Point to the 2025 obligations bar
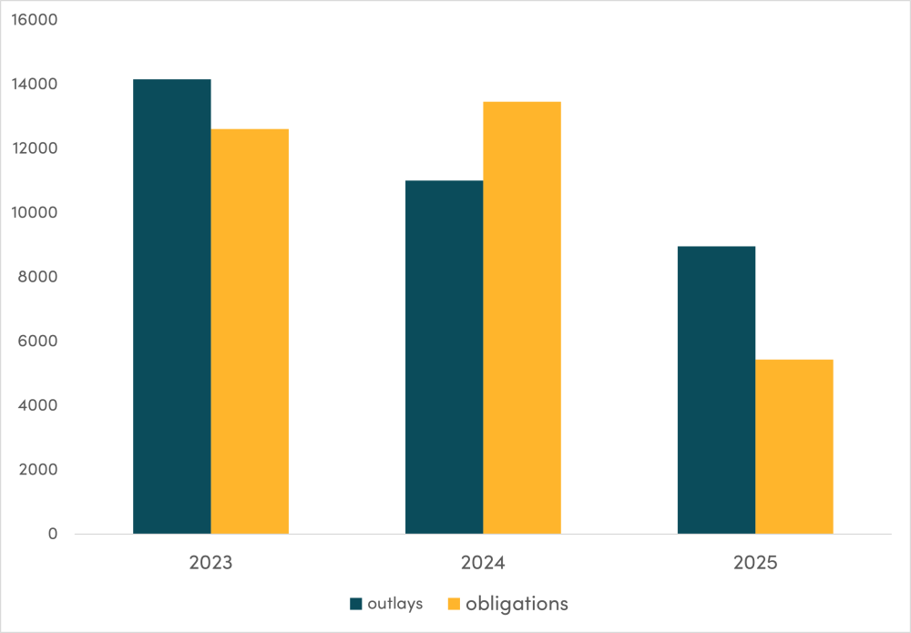(794, 446)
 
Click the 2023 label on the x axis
(210, 563)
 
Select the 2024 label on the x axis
(483, 563)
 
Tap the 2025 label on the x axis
(755, 563)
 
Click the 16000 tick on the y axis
(34, 20)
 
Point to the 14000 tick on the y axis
(34, 85)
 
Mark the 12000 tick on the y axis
(34, 148)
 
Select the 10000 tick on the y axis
(34, 213)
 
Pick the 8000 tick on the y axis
(36, 277)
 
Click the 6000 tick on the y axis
(36, 342)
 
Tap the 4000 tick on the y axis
(36, 405)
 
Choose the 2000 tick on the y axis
(36, 470)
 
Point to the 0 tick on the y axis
(52, 534)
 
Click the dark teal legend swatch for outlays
(356, 604)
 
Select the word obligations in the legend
(517, 604)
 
